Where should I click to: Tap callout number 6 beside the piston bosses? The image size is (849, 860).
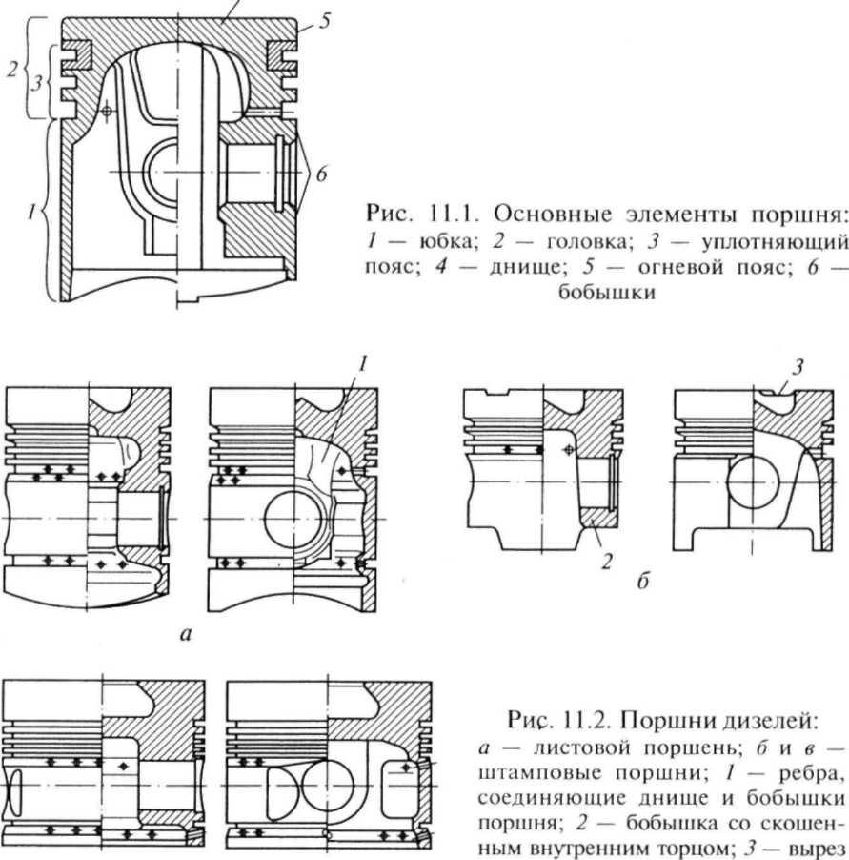click(x=323, y=174)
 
